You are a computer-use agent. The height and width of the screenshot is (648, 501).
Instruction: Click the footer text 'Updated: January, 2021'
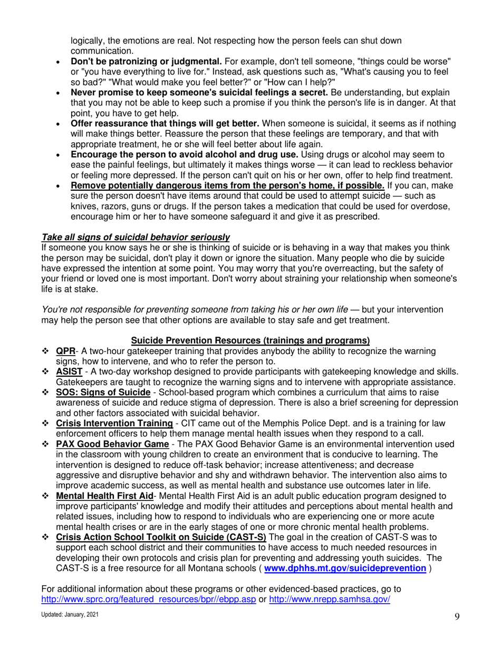click(69, 615)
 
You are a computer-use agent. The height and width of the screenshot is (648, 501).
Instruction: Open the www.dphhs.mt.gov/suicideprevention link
click(345, 569)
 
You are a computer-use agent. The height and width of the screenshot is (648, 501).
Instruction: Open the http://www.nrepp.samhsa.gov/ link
click(330, 600)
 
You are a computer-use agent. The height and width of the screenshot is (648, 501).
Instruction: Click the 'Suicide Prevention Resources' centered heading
click(250, 340)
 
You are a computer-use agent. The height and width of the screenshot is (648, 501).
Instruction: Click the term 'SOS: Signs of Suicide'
click(103, 392)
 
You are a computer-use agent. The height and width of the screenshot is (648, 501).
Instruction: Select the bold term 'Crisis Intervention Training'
click(114, 424)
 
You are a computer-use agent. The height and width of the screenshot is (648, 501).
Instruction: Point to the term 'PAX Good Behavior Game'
click(112, 444)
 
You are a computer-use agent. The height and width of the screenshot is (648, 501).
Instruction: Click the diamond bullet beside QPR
click(45, 351)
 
